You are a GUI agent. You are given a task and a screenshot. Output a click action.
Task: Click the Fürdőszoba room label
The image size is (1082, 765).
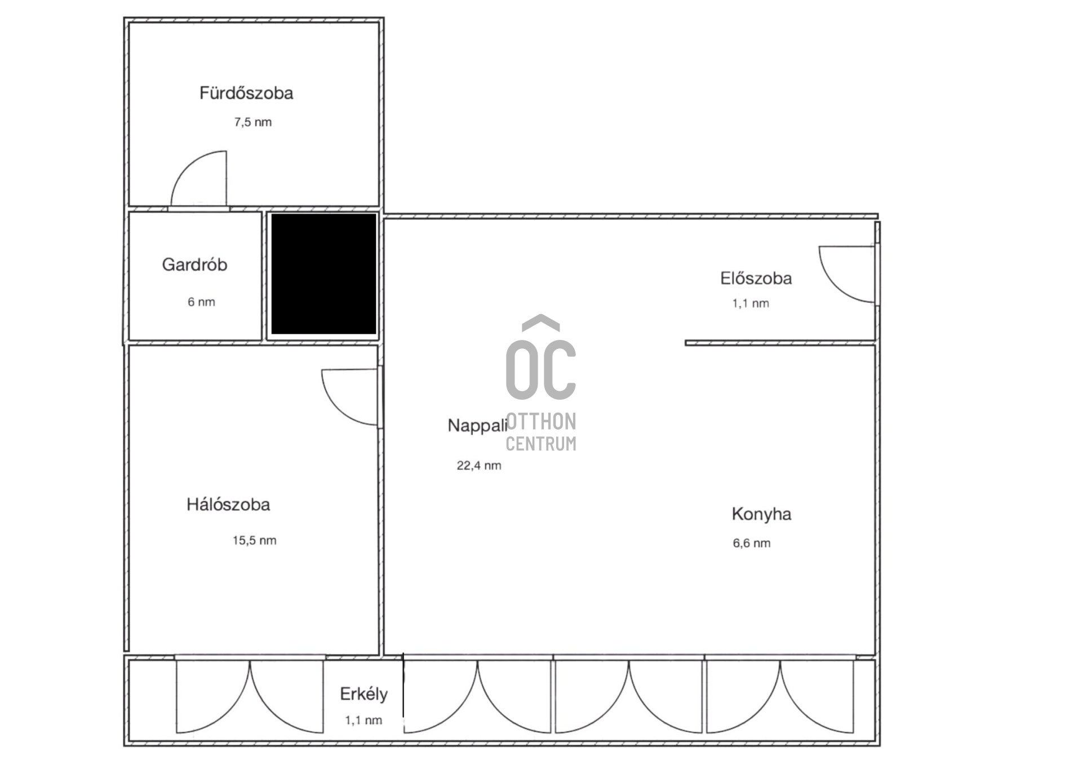(246, 93)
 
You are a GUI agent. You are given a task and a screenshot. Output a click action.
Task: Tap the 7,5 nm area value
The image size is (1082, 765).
(253, 122)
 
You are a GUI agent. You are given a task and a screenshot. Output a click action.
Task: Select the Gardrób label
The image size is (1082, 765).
(194, 264)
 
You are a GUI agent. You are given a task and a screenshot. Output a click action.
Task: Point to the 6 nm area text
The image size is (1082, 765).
(201, 302)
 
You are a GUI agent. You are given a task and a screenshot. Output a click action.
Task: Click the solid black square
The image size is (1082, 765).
(323, 274)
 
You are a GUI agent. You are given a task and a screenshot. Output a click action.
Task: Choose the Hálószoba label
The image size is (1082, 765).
(228, 504)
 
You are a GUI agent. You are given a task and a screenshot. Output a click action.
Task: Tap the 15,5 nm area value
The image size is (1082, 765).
(255, 541)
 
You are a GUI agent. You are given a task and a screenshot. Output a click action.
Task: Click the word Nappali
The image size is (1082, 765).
(477, 426)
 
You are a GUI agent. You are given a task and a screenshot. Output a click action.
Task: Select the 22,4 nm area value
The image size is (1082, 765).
(479, 466)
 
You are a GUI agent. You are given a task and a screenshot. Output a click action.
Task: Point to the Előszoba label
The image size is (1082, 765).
(756, 278)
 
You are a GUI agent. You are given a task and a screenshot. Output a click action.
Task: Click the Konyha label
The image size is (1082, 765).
(761, 514)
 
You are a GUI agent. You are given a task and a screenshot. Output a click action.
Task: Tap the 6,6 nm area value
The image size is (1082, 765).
(751, 543)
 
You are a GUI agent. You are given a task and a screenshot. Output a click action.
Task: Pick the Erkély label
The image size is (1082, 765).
(363, 694)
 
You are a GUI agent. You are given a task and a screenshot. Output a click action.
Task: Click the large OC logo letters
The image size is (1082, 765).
(541, 369)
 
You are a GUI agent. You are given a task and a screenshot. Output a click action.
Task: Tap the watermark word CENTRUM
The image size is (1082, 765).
(541, 444)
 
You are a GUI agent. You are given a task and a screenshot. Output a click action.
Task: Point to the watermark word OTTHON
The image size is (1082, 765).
(541, 422)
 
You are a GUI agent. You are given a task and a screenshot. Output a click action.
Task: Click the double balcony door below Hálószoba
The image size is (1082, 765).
(250, 696)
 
